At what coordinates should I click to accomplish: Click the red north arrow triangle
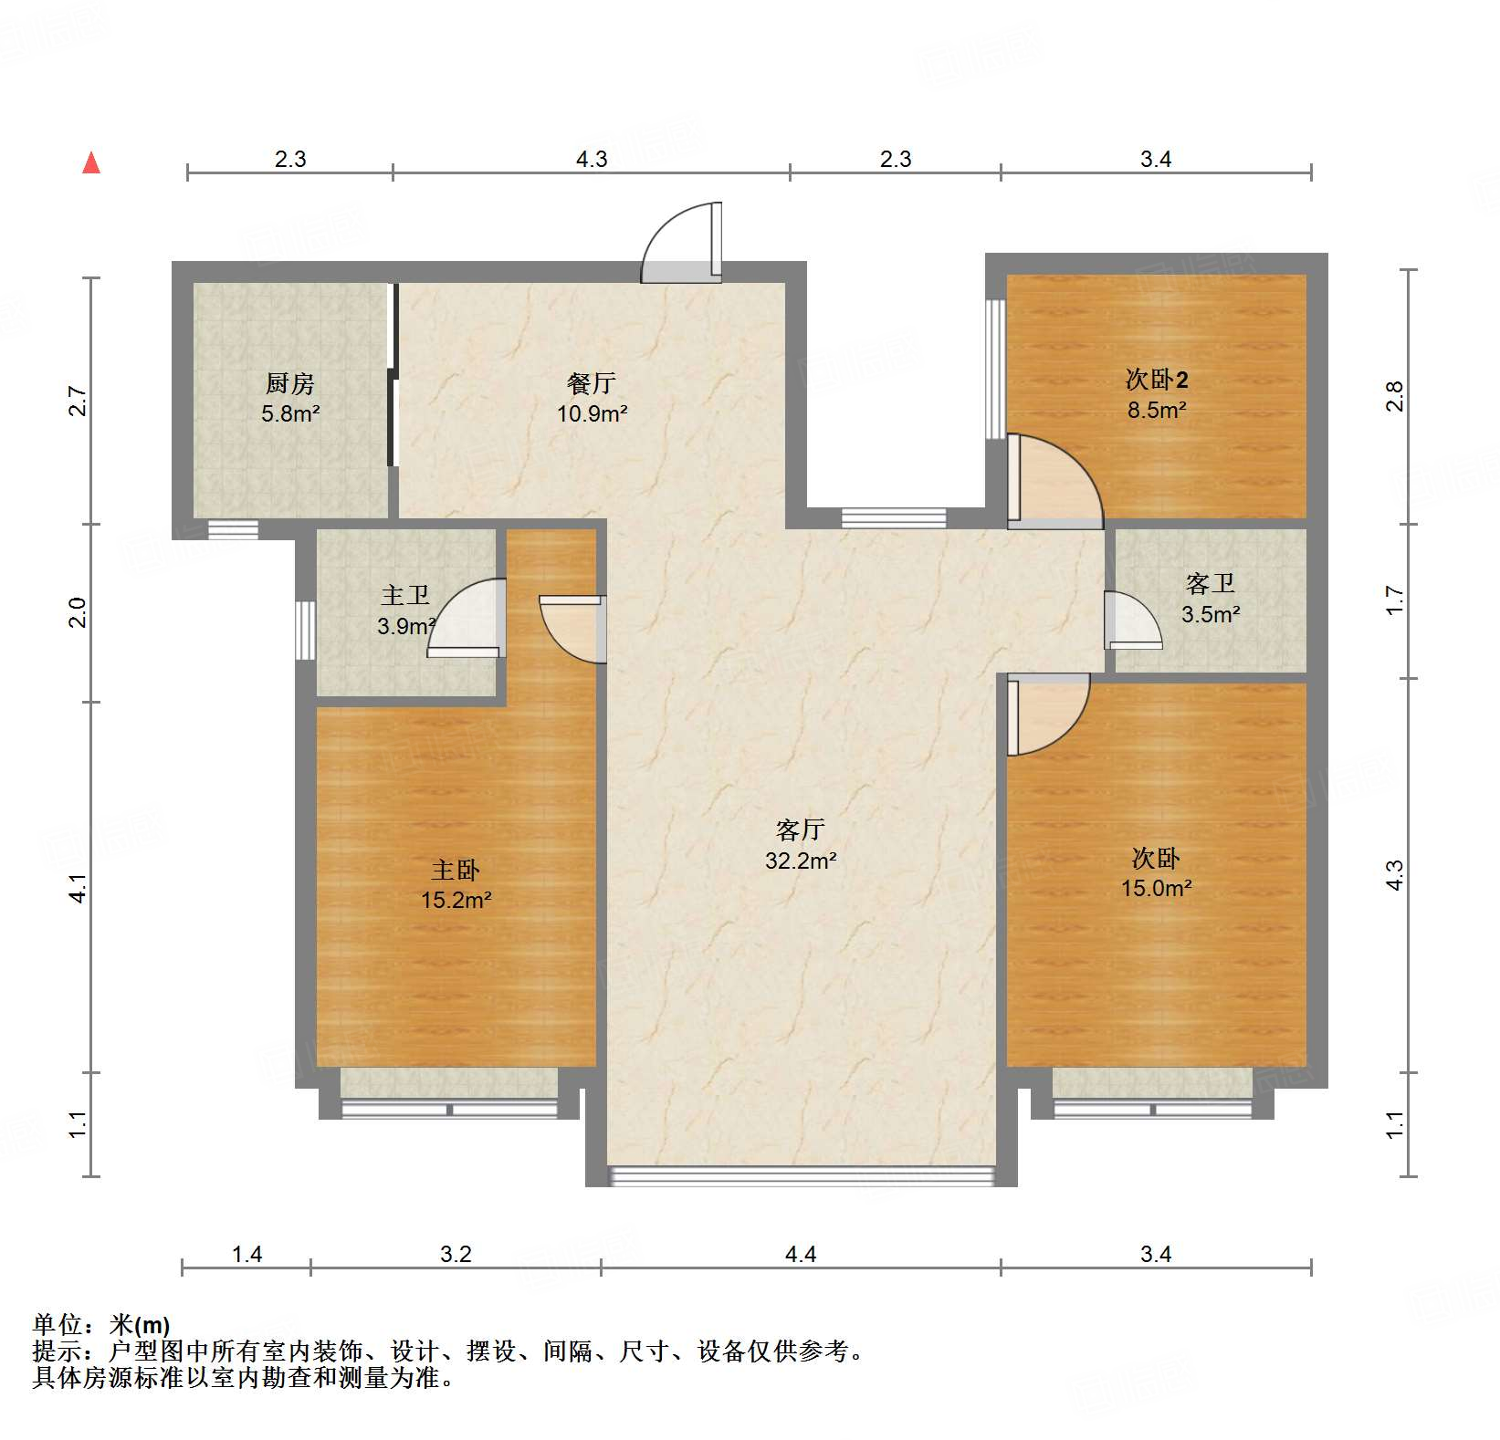tap(91, 163)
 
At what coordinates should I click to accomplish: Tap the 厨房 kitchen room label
tap(290, 383)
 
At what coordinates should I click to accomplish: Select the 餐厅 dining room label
tap(592, 383)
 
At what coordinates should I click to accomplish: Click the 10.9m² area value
tap(592, 413)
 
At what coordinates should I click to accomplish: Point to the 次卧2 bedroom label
tap(1156, 380)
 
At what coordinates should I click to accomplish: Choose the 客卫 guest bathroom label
tap(1211, 583)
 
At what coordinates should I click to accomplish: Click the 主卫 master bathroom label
tap(405, 596)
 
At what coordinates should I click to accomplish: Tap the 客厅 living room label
tap(801, 830)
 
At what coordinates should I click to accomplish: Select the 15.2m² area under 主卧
tap(456, 901)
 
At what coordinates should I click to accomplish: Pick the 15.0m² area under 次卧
tap(1156, 888)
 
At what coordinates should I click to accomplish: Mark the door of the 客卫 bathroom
tap(1131, 621)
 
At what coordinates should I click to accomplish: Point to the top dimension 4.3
tap(592, 160)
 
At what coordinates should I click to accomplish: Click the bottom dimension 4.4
tap(801, 1255)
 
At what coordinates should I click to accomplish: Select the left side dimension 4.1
tap(79, 888)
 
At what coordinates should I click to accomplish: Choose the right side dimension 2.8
tap(1394, 397)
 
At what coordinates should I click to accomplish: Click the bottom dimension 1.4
tap(247, 1255)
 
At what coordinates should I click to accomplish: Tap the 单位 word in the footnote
tap(57, 1324)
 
